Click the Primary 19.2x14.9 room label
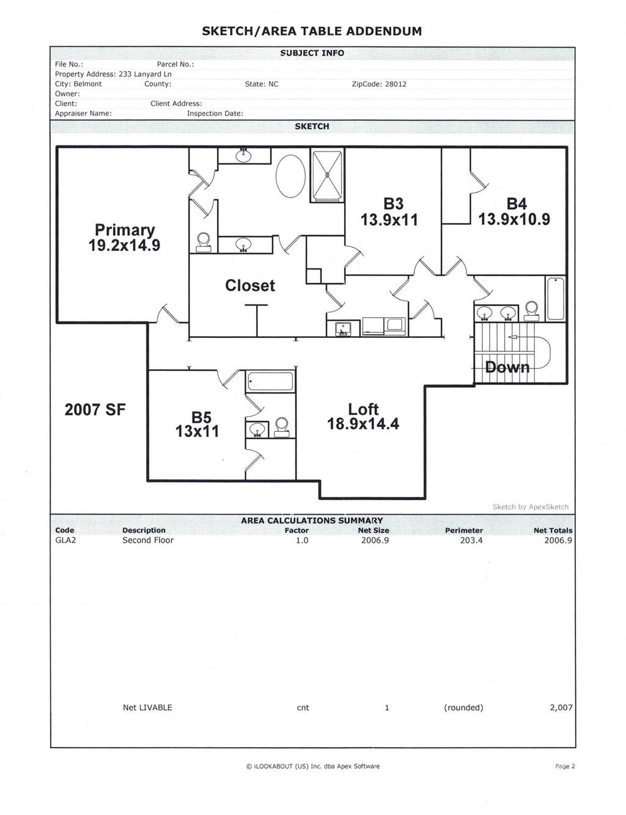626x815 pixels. pos(124,238)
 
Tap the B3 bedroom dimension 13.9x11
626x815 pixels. pos(389,220)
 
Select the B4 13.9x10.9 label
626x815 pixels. pos(514,211)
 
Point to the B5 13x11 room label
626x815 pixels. pos(197,424)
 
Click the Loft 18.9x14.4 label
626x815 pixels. pos(363,416)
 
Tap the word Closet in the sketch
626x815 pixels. pos(250,285)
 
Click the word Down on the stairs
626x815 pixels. pos(507,367)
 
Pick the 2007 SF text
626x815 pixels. pos(95,409)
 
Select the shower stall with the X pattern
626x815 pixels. pos(328,175)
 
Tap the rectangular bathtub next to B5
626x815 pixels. pos(271,381)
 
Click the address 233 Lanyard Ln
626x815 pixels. pos(145,75)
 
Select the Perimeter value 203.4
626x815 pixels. pos(471,541)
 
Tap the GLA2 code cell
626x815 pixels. pos(65,541)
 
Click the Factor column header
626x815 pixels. pos(296,530)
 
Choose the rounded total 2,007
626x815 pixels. pos(561,707)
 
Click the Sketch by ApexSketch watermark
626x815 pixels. pos(530,507)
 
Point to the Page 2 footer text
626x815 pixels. pos(565,766)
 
